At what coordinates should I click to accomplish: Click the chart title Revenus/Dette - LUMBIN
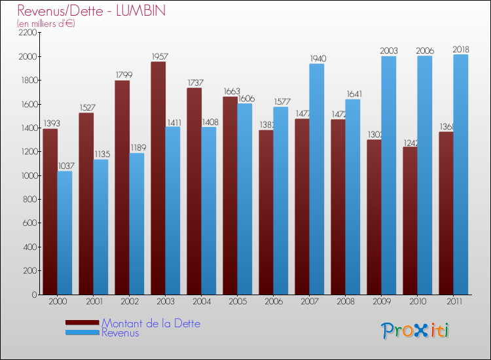(x=91, y=10)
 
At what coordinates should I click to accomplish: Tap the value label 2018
(x=461, y=50)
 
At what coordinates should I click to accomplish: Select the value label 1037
(x=65, y=166)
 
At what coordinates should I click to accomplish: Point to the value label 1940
(x=318, y=59)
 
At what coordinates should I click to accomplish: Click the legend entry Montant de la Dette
(x=151, y=323)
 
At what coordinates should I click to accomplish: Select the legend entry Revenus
(x=120, y=333)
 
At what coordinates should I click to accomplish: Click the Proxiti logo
(x=415, y=331)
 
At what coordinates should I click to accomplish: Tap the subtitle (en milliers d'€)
(x=46, y=24)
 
